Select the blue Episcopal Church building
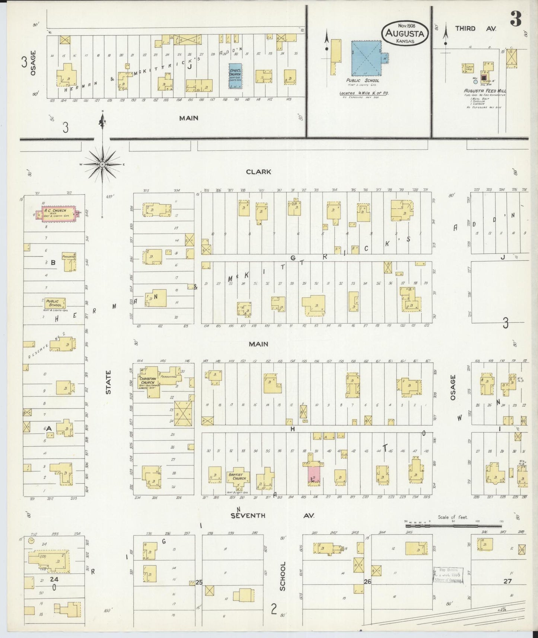point(235,76)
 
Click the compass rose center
point(102,164)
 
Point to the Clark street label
point(258,172)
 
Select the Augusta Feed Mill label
point(485,91)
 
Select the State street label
point(108,382)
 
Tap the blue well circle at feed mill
point(475,81)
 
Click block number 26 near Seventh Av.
point(367,581)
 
